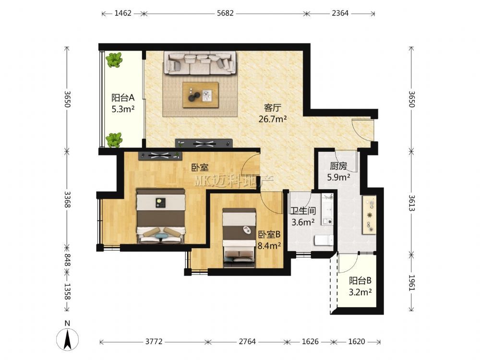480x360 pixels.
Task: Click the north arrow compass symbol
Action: coord(67,339)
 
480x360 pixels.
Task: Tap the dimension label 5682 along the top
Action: coord(225,13)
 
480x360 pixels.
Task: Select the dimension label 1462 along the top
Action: coord(123,13)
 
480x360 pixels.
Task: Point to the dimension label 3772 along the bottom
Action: coord(154,341)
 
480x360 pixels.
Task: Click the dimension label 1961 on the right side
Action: coord(412,283)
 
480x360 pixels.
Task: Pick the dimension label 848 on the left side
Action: coord(67,260)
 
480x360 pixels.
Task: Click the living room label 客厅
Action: coord(273,108)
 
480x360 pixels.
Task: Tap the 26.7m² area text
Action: coord(273,119)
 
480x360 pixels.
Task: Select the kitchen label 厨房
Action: coord(338,166)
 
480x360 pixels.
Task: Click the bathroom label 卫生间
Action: coord(303,211)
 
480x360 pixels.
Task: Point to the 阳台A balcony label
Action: coord(123,97)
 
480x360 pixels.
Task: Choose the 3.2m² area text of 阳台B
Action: coord(360,292)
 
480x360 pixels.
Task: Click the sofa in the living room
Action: coord(200,63)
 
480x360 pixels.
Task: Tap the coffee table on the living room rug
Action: coord(201,95)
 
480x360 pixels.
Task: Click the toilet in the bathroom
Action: coord(324,240)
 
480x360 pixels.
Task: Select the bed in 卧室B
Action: coord(239,238)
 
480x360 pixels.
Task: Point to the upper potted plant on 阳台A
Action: coord(114,60)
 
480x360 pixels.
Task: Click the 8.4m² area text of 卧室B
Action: coord(269,245)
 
